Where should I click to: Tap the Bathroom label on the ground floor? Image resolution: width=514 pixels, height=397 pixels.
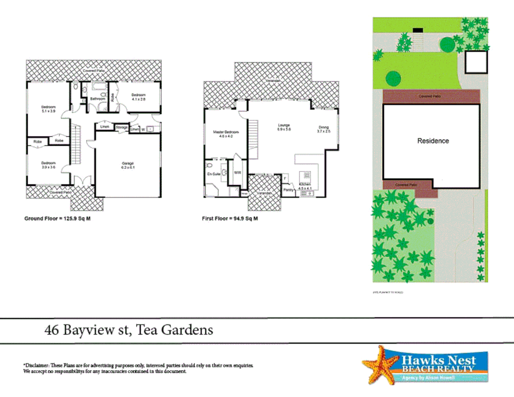point(97,99)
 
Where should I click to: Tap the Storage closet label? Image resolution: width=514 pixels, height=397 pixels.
point(122,128)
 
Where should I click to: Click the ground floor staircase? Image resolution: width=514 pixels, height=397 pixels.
point(75,144)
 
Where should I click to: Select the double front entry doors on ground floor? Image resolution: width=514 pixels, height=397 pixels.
point(83,180)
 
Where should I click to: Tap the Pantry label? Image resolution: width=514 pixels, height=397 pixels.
point(288,190)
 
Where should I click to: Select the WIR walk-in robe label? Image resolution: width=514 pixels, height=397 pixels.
point(238,172)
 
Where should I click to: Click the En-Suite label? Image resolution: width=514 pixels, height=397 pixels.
point(214,174)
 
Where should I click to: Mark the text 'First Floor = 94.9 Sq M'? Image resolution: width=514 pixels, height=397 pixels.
point(230,218)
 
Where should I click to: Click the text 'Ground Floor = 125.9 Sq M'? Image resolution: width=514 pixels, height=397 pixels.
point(57,218)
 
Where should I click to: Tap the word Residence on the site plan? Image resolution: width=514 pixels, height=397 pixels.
point(433,141)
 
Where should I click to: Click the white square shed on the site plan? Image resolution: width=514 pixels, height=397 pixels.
point(476,62)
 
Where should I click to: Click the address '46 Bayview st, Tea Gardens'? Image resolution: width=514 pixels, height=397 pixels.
point(129,330)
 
